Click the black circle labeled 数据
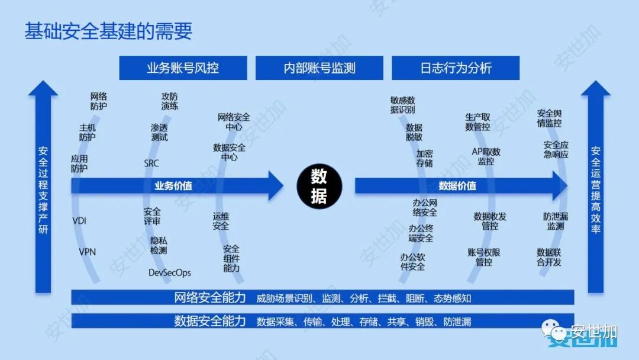(x=319, y=186)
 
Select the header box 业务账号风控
(x=183, y=68)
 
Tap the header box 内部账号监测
(x=319, y=68)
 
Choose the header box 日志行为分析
(x=456, y=68)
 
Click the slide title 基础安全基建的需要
(x=108, y=31)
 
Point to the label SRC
(x=151, y=163)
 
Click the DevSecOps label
(x=170, y=273)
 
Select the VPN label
(x=88, y=252)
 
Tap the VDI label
(x=80, y=221)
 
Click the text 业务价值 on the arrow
(x=173, y=186)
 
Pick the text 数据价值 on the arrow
(x=457, y=186)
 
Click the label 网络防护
(x=99, y=101)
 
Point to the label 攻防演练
(x=170, y=101)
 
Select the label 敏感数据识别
(x=403, y=105)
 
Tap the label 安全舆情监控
(x=549, y=118)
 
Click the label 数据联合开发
(x=549, y=257)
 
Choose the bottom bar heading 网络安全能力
(x=210, y=298)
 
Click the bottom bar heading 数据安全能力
(x=210, y=322)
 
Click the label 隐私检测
(x=159, y=245)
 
